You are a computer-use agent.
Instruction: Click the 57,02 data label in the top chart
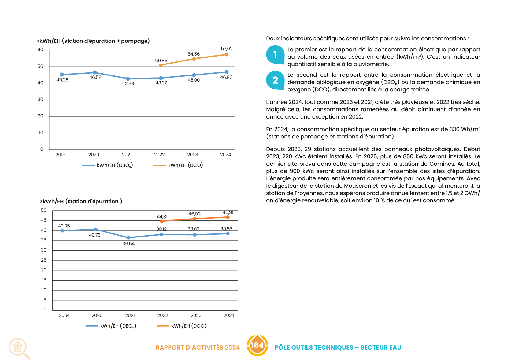(x=227, y=49)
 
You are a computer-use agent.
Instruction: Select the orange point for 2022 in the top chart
(x=161, y=65)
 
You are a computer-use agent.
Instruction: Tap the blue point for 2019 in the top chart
(x=62, y=75)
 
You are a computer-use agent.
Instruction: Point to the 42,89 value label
(x=128, y=83)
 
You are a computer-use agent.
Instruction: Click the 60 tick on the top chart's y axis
(x=40, y=50)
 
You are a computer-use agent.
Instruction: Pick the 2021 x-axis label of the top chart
(x=127, y=155)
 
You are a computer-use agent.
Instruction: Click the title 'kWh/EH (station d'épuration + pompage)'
(x=93, y=41)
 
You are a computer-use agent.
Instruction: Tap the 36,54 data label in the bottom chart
(x=128, y=244)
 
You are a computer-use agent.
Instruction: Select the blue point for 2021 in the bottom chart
(x=128, y=237)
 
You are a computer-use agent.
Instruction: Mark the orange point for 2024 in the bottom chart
(x=228, y=217)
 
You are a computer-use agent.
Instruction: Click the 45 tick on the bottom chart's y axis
(x=44, y=220)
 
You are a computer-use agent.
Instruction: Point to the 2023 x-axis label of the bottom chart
(x=196, y=315)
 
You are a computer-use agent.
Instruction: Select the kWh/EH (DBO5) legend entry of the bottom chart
(x=111, y=326)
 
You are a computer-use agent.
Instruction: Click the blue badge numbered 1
(x=275, y=55)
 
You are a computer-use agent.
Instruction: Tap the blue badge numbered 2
(x=275, y=80)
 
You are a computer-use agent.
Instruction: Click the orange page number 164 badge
(x=257, y=345)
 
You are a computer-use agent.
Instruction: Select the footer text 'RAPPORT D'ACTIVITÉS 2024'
(x=198, y=347)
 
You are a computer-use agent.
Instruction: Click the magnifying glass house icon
(x=19, y=348)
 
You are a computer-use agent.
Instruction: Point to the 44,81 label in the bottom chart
(x=162, y=217)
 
